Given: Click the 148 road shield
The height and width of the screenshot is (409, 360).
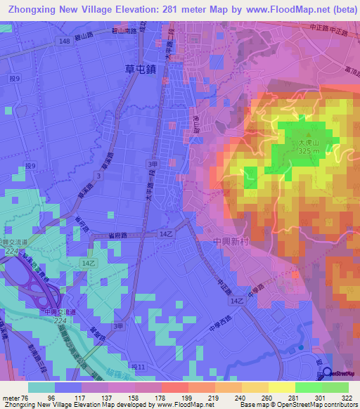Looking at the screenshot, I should coord(65,42).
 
